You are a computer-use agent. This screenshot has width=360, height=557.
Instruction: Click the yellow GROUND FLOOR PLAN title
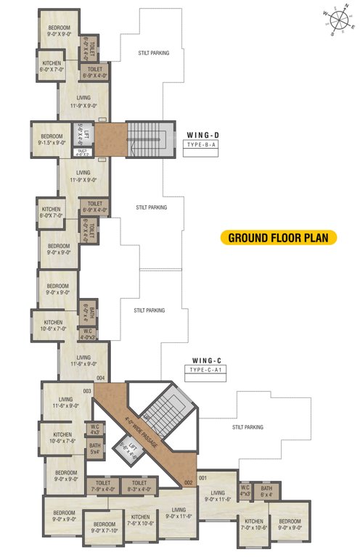(279, 237)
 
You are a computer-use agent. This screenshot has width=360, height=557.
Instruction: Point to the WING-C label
(208, 360)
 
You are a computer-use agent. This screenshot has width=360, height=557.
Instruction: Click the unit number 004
(100, 378)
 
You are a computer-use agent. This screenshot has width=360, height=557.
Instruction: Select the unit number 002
(187, 482)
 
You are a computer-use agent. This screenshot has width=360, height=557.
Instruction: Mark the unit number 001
(202, 477)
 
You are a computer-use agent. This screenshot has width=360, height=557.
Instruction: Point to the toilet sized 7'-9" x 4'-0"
(101, 485)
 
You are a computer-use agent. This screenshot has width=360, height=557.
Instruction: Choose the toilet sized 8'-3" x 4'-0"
(139, 485)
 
